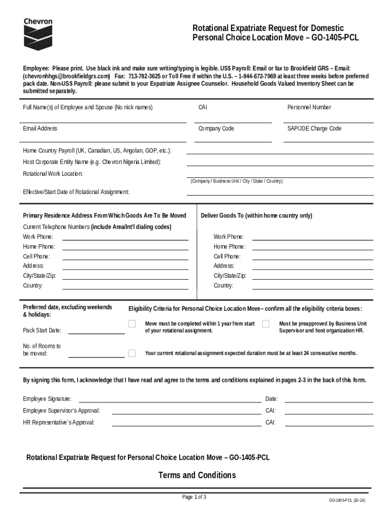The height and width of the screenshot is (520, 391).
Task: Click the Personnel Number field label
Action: [x=309, y=107]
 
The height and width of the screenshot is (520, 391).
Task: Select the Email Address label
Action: [x=40, y=128]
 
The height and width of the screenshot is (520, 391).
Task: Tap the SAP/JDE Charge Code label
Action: [x=314, y=128]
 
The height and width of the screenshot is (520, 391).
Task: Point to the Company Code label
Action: [x=216, y=128]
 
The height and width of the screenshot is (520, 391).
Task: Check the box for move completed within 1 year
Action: [x=132, y=324]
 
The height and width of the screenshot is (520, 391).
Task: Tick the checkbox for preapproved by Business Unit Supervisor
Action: [x=266, y=324]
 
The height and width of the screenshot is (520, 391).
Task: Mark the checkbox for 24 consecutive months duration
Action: [x=132, y=353]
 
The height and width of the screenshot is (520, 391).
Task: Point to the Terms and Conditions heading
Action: [x=197, y=475]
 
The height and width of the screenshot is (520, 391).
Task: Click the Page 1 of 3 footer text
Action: [x=194, y=497]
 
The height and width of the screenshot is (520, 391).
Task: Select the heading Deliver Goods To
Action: [x=256, y=215]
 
